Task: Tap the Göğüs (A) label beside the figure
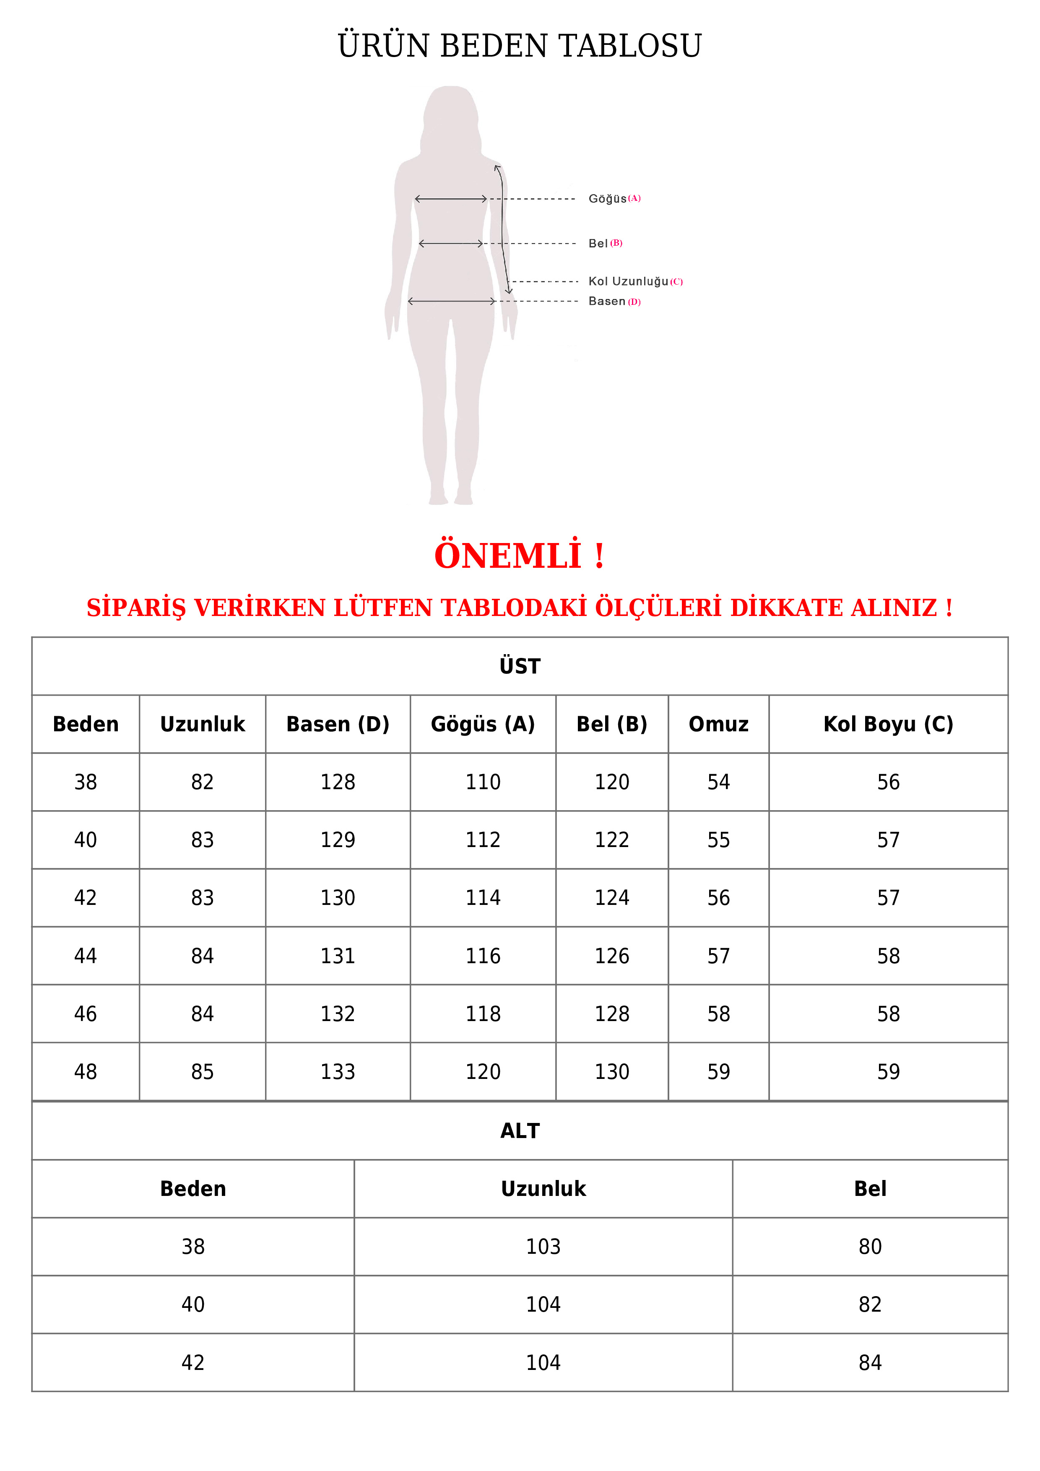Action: point(614,199)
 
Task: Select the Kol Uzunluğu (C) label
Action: point(634,281)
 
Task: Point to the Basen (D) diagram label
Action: point(614,301)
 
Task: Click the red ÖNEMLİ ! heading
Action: point(519,556)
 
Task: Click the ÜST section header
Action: point(520,666)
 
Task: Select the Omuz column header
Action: point(718,724)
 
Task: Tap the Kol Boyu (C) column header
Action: point(888,724)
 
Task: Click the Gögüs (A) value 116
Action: point(483,956)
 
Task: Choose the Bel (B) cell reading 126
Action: point(612,956)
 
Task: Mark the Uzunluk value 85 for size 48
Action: point(203,1071)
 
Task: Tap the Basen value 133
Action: point(338,1071)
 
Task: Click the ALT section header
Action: point(520,1131)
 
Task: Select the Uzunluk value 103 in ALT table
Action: point(543,1246)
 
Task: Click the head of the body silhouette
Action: point(451,115)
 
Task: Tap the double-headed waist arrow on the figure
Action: point(450,244)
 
